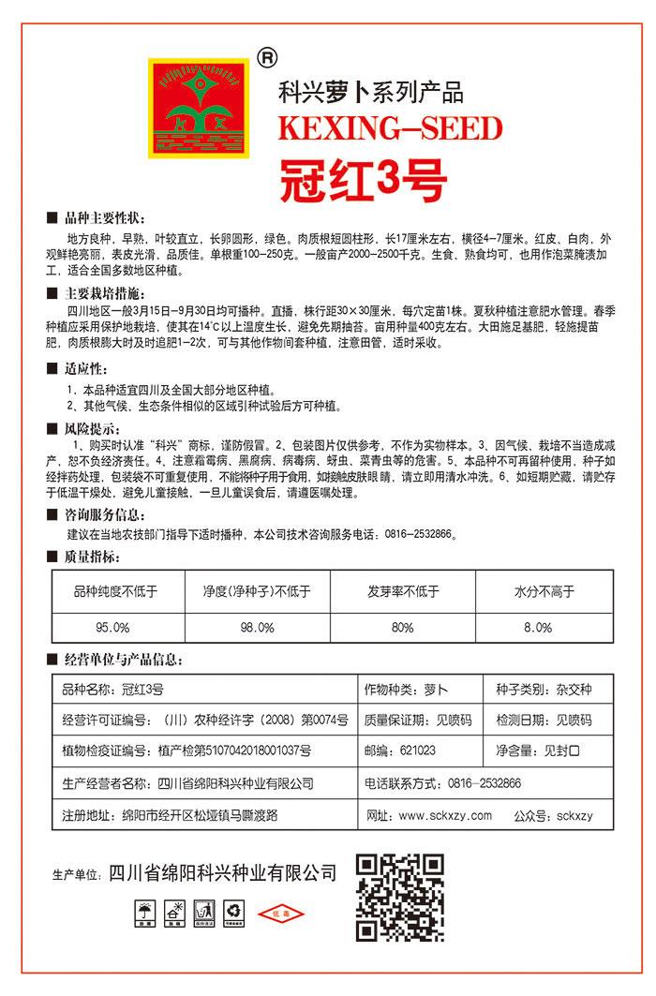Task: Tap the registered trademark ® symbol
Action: click(x=266, y=58)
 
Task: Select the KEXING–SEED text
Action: click(x=391, y=128)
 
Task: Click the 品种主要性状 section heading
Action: click(x=102, y=216)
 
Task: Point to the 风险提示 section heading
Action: click(x=96, y=429)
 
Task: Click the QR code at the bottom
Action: click(x=399, y=898)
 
